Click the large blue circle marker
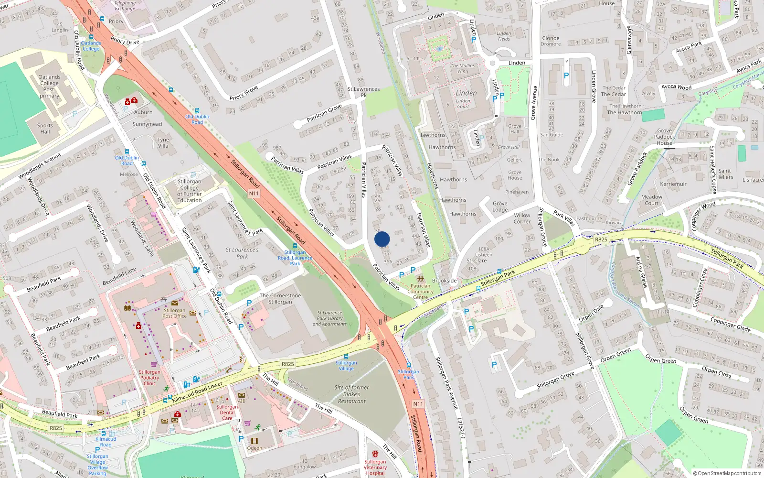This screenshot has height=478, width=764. coord(382,239)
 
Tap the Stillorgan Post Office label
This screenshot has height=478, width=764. coord(174,313)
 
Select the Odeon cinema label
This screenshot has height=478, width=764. coord(255,448)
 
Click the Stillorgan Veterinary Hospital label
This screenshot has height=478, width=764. coord(375,467)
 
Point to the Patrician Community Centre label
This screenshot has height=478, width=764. coord(420,292)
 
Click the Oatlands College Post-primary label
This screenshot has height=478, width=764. coord(49,86)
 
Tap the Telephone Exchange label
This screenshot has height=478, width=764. coord(125,6)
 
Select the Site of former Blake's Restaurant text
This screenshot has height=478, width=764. coord(351,394)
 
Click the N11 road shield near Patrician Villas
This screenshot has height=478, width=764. coord(254,194)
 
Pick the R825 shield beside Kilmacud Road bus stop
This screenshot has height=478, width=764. coord(56,428)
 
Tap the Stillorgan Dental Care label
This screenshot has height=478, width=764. coord(227,413)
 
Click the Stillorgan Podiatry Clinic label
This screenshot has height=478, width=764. coord(149,378)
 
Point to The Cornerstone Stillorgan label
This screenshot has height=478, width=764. coord(280,299)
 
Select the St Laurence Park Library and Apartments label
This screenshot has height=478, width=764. coord(329,318)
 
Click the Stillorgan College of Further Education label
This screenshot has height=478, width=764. coord(189,191)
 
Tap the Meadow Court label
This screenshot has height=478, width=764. coord(652,200)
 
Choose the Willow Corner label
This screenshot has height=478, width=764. coord(522,218)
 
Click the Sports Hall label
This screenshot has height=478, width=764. coord(45,129)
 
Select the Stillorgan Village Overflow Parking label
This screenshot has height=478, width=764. coord(97,465)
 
